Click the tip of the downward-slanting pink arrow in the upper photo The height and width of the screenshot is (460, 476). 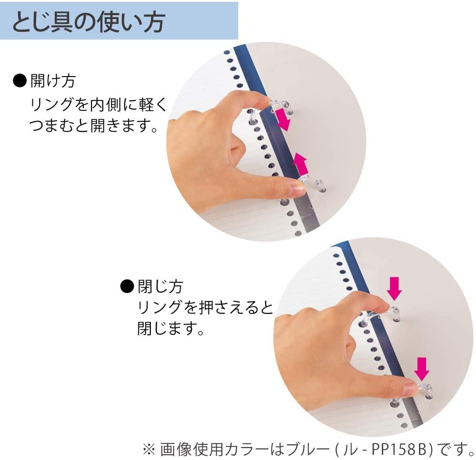pyautogui.click(x=286, y=130)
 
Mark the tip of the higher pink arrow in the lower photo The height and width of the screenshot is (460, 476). pyautogui.click(x=394, y=300)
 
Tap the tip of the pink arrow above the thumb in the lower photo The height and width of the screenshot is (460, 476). pyautogui.click(x=421, y=381)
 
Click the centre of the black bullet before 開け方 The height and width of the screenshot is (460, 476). pyautogui.click(x=20, y=81)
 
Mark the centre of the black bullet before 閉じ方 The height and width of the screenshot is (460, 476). pyautogui.click(x=127, y=286)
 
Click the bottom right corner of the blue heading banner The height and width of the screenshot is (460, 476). pyautogui.click(x=238, y=39)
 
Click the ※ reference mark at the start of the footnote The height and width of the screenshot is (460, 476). pyautogui.click(x=149, y=450)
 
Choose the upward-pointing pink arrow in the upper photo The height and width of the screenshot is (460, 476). pyautogui.click(x=300, y=164)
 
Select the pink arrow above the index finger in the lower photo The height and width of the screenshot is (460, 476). pyautogui.click(x=394, y=289)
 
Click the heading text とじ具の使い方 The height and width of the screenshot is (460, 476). pyautogui.click(x=89, y=22)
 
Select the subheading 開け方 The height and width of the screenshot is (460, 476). pyautogui.click(x=53, y=81)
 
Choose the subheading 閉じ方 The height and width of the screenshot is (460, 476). pyautogui.click(x=160, y=286)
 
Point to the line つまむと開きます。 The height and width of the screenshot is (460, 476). pyautogui.click(x=94, y=125)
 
